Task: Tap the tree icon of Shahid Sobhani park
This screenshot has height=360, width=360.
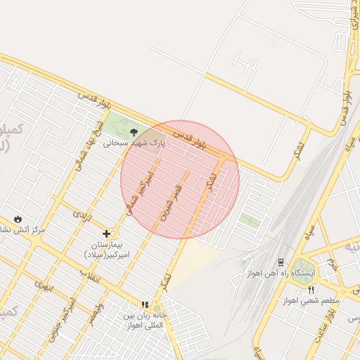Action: point(134,131)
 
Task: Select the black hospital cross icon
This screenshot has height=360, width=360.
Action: point(106,233)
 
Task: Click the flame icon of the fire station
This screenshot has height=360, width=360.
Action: point(18,219)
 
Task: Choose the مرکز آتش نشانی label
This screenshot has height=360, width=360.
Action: point(28,230)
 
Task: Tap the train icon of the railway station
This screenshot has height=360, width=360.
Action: point(281,262)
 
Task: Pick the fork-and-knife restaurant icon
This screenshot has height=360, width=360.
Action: point(311,289)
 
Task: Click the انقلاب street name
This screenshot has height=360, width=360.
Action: point(90,278)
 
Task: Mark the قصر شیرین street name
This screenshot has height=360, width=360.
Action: point(172,202)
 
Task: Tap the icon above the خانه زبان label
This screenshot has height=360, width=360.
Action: point(145,304)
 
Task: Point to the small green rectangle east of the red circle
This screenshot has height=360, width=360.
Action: point(250,220)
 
